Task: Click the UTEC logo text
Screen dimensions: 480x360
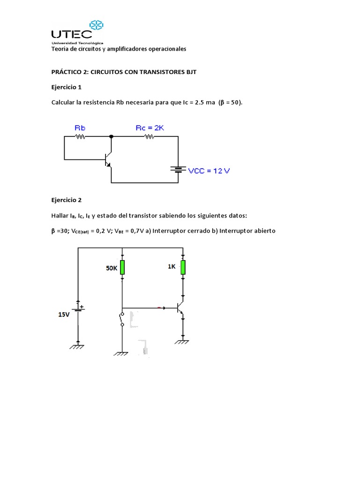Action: click(x=71, y=33)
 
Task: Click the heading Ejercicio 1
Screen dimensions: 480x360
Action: click(x=66, y=87)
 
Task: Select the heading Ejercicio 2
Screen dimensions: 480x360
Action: click(x=66, y=200)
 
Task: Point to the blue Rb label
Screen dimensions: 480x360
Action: click(x=80, y=127)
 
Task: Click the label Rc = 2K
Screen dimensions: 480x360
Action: click(x=150, y=127)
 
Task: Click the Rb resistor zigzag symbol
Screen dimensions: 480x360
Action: click(x=80, y=137)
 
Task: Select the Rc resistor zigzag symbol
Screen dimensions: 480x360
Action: click(x=149, y=137)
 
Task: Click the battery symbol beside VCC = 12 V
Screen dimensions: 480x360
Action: click(x=178, y=169)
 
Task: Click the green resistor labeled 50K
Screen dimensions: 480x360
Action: click(x=122, y=267)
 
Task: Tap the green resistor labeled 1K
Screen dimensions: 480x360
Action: click(x=183, y=267)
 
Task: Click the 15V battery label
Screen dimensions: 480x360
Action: click(x=64, y=315)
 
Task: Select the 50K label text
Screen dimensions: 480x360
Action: click(x=111, y=269)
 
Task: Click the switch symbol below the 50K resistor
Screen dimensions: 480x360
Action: click(x=122, y=319)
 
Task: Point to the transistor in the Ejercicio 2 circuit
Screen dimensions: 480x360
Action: click(x=180, y=308)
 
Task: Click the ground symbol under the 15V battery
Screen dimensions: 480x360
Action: click(x=78, y=347)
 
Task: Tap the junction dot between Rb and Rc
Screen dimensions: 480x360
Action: click(x=111, y=136)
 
